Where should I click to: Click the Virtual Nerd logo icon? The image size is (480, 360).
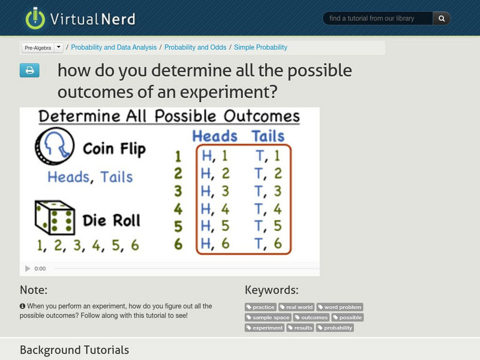(35, 19)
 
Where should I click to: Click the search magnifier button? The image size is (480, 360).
(442, 19)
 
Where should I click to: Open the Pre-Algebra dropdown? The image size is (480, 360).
(58, 47)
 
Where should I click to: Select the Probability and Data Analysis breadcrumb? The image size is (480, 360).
(115, 47)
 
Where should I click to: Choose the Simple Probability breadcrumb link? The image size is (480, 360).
(260, 47)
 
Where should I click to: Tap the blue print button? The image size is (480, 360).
(29, 71)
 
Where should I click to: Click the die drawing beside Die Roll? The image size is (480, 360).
(55, 218)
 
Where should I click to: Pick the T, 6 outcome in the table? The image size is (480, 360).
(268, 243)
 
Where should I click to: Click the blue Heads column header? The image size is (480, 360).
(215, 136)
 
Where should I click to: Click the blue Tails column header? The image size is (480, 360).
(268, 136)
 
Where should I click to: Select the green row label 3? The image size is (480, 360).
(178, 192)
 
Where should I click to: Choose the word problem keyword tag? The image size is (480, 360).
(340, 307)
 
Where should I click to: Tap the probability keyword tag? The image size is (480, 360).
(335, 328)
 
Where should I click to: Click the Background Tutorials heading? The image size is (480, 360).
(74, 350)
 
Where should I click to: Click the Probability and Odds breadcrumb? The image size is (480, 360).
(195, 47)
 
